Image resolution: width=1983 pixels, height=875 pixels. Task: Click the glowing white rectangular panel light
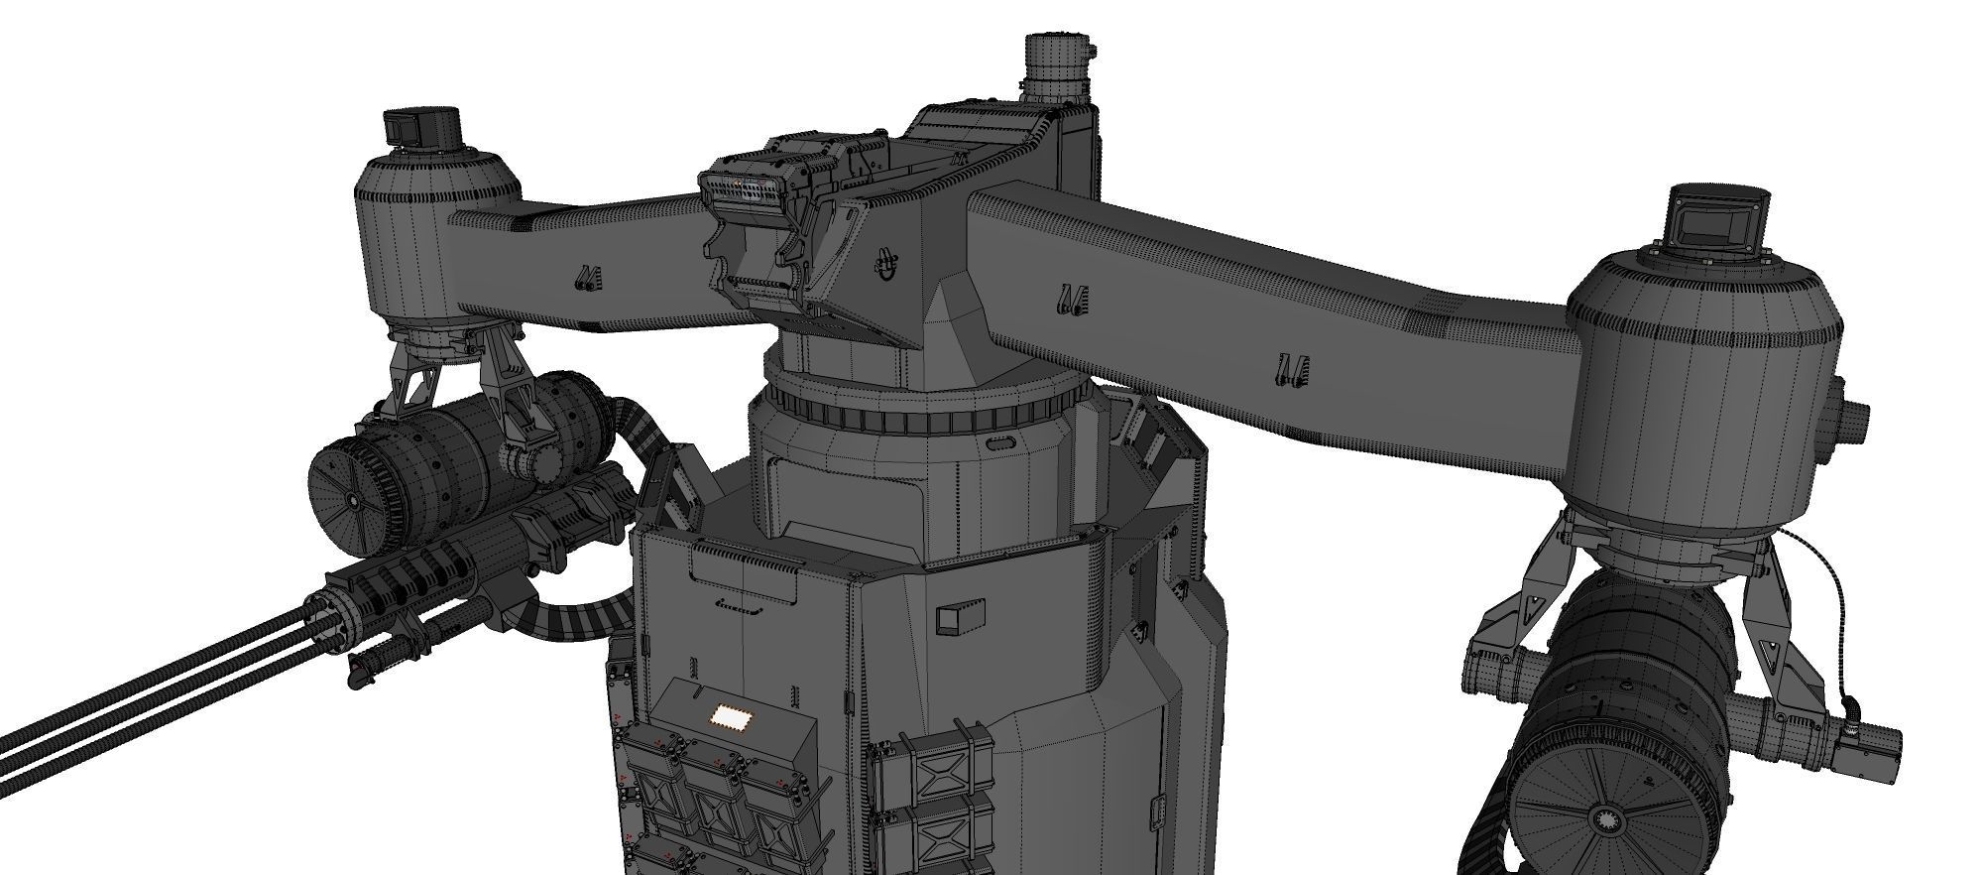pos(732,717)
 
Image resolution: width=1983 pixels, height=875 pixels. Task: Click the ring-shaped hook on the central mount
pos(885,265)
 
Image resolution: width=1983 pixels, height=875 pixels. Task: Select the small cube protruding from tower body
pos(960,617)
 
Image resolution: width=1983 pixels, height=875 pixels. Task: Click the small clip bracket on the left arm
pos(588,279)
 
